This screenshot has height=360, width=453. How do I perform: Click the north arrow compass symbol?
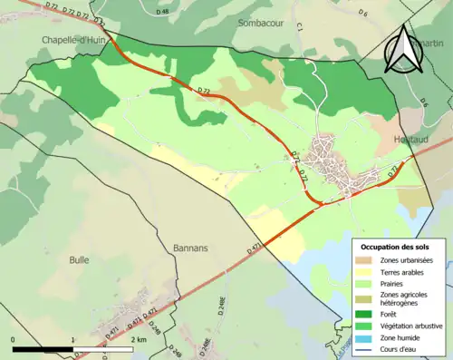[401, 50]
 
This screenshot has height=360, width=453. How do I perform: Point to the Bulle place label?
[79, 259]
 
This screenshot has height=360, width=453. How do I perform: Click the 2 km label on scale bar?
[139, 339]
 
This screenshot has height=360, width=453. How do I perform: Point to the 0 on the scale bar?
[14, 339]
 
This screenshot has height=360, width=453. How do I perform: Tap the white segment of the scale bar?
[105, 349]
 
